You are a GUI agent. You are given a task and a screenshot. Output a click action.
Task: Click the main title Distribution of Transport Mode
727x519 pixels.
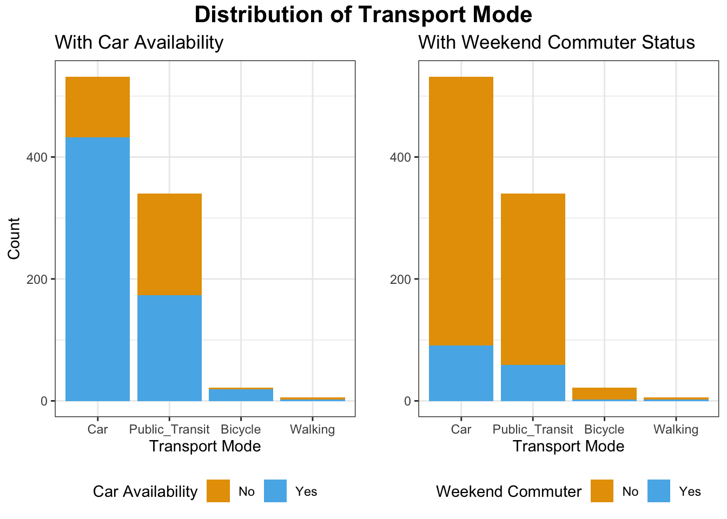(x=363, y=15)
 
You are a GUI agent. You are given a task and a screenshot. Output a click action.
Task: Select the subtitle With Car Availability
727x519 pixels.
(x=139, y=42)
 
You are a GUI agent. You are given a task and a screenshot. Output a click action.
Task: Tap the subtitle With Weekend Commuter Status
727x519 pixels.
(x=557, y=42)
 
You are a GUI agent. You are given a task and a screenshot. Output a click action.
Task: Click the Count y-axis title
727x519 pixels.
(x=15, y=238)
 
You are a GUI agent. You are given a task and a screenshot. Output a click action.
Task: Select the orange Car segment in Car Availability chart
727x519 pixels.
(x=97, y=107)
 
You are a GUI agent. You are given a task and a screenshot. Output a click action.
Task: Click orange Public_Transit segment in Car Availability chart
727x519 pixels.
(x=169, y=244)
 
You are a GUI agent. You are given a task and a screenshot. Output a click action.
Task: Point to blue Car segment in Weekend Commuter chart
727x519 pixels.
(x=461, y=373)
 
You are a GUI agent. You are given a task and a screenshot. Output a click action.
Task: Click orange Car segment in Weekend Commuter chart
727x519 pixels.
(x=461, y=211)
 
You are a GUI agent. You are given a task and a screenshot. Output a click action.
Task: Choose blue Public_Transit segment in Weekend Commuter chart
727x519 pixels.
(x=533, y=383)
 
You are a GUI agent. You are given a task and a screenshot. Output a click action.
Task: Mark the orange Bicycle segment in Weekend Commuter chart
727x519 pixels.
(x=604, y=394)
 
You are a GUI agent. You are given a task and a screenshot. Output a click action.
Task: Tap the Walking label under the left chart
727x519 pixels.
(x=312, y=430)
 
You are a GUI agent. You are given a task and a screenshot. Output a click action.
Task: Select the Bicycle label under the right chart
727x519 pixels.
(x=604, y=430)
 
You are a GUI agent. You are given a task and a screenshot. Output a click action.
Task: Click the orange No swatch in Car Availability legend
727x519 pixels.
(x=218, y=491)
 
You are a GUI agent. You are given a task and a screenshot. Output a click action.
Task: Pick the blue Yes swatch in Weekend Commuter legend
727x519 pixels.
(x=659, y=491)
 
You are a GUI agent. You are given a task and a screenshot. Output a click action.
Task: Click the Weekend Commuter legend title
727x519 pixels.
(x=508, y=491)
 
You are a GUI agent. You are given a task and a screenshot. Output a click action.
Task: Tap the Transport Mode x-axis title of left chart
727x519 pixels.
(x=205, y=447)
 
